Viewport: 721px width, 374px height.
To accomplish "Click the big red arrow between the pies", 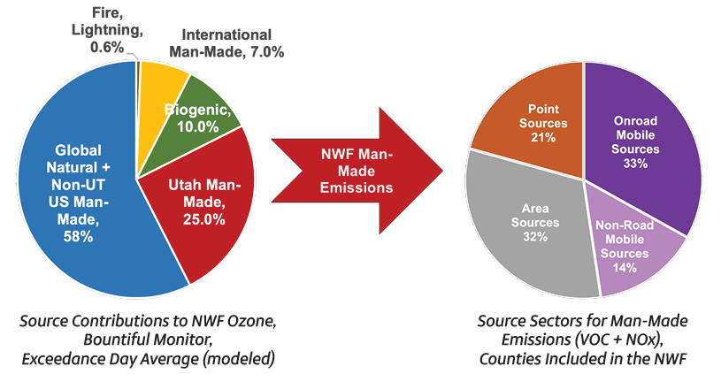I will (354, 169).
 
